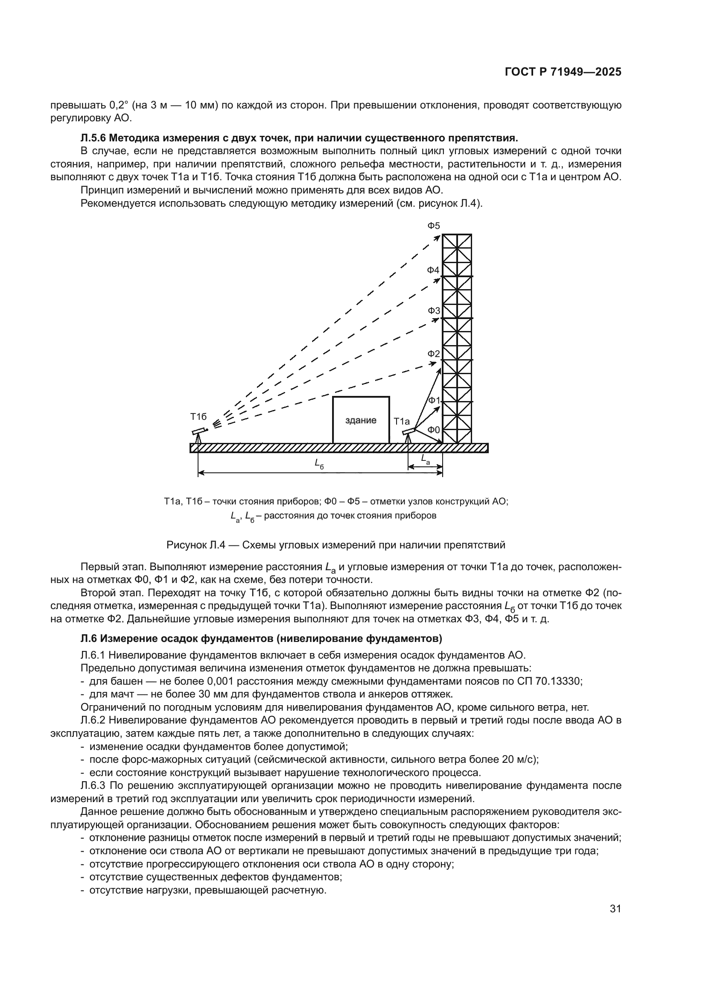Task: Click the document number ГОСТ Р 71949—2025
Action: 563,72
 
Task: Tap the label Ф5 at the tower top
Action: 433,226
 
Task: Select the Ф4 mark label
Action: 433,270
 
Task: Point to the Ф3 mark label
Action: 433,311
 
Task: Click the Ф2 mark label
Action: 433,354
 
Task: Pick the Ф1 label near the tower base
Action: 434,400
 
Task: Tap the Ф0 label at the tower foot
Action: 433,430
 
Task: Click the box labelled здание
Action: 361,420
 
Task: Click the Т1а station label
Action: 402,421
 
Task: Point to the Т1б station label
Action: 198,416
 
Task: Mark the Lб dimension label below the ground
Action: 320,464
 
